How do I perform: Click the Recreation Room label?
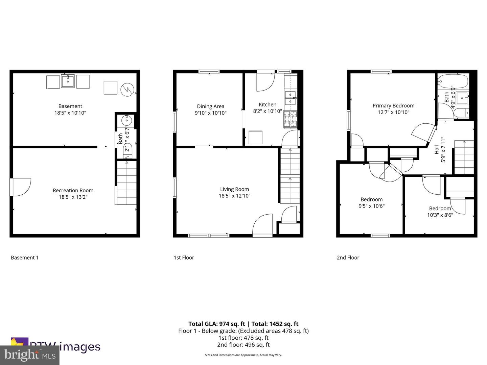pyautogui.click(x=73, y=190)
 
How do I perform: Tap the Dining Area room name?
pyautogui.click(x=210, y=106)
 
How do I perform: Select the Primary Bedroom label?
pyautogui.click(x=393, y=105)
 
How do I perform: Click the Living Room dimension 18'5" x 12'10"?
pyautogui.click(x=234, y=196)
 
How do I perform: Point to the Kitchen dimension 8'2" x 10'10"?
pyautogui.click(x=267, y=111)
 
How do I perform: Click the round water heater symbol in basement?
pyautogui.click(x=127, y=89)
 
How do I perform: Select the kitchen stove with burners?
pyautogui.click(x=290, y=120)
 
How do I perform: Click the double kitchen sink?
pyautogui.click(x=290, y=97)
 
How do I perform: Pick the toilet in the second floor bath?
pyautogui.click(x=461, y=113)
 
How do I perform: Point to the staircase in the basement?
pyautogui.click(x=127, y=183)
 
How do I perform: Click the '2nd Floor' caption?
pyautogui.click(x=348, y=258)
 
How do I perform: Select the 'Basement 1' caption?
pyautogui.click(x=25, y=258)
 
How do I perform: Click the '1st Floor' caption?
pyautogui.click(x=184, y=258)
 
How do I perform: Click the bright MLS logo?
pyautogui.click(x=29, y=355)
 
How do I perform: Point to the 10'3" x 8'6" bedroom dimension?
pyautogui.click(x=440, y=215)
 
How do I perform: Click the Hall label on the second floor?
pyautogui.click(x=437, y=149)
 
